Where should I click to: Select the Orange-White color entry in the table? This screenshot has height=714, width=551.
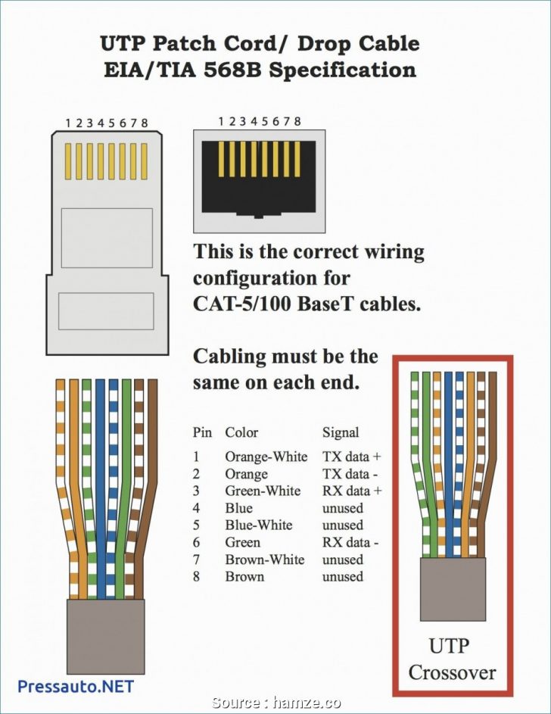pos(266,457)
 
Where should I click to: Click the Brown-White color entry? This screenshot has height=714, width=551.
pos(264,560)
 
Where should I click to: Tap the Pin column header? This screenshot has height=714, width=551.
pos(202,432)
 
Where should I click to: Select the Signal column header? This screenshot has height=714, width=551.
pos(341,432)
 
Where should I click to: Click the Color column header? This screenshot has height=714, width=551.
pos(241,432)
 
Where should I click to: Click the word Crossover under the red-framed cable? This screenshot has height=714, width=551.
pos(451,672)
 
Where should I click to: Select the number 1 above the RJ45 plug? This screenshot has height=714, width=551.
pos(68,123)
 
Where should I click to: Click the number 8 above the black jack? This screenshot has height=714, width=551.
pos(298,121)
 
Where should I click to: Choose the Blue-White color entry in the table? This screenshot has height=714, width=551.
pos(258,525)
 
